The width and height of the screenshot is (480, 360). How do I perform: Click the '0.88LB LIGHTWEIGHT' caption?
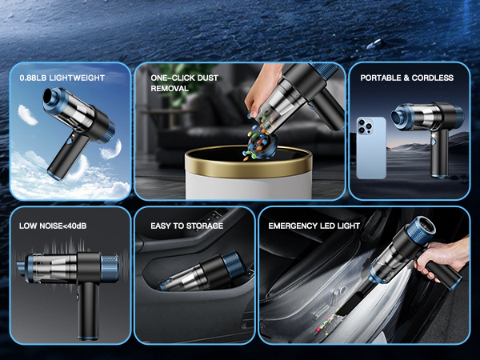click(62, 78)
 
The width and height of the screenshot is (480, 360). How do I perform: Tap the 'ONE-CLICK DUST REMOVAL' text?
click(184, 83)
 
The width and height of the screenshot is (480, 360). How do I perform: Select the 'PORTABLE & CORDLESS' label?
click(407, 78)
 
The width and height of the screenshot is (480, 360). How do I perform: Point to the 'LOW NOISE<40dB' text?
click(53, 226)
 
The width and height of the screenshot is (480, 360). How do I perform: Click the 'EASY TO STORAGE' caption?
click(186, 226)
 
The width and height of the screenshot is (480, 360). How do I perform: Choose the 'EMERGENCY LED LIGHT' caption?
click(314, 226)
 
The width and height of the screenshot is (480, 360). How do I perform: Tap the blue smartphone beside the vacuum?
click(371, 147)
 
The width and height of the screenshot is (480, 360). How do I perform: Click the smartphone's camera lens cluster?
click(365, 126)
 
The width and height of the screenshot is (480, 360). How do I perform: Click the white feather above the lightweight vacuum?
click(27, 114)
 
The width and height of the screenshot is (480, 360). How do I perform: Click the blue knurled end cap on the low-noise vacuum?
click(110, 269)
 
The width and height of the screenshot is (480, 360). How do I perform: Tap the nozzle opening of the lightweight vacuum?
click(49, 95)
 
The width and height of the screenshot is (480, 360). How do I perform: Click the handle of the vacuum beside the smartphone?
click(439, 153)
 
